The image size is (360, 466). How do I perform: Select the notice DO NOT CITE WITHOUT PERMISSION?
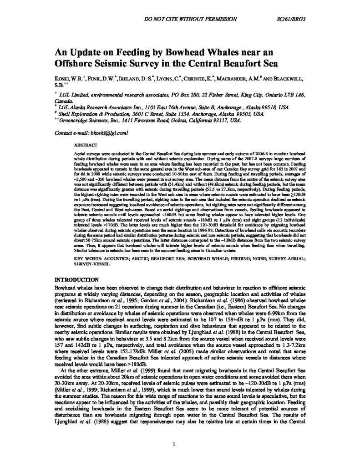click(190, 19)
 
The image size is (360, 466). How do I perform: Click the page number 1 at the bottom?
click(175, 444)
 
